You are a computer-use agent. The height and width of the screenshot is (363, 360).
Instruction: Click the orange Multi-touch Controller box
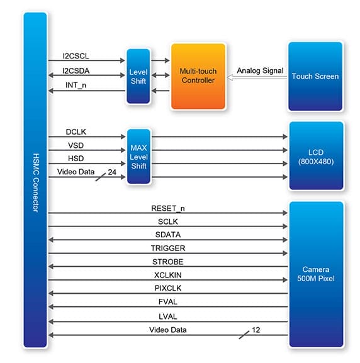tap(198, 76)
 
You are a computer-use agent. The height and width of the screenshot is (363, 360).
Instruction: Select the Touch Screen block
tap(315, 76)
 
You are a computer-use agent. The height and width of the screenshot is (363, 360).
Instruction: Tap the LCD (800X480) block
tap(316, 155)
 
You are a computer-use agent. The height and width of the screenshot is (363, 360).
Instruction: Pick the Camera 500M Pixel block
tap(316, 274)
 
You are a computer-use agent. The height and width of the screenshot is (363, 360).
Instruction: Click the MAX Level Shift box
tap(138, 157)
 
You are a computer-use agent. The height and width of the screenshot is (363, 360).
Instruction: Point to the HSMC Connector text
tap(35, 182)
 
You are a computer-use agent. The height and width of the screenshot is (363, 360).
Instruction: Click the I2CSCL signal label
tap(76, 56)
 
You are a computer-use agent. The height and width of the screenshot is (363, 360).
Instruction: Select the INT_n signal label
tap(76, 85)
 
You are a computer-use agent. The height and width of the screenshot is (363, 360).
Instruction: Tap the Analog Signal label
tap(260, 70)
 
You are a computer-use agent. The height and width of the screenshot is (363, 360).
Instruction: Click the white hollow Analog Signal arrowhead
tap(230, 77)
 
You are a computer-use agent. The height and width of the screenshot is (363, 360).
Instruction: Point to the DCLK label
tap(76, 131)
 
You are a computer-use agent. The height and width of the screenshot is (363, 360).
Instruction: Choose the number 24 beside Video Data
tap(112, 172)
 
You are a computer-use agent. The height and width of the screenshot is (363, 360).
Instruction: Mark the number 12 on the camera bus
tap(256, 330)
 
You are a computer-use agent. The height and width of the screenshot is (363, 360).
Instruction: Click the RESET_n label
tap(168, 208)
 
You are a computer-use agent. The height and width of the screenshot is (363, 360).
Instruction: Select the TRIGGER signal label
tap(168, 248)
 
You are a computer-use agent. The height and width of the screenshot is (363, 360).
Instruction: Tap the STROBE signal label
tap(168, 262)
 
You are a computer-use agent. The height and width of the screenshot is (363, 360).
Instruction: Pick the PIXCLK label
tap(168, 288)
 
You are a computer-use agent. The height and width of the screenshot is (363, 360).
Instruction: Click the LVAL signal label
tap(168, 316)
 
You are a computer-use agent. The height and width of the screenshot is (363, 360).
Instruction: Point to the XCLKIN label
tap(168, 275)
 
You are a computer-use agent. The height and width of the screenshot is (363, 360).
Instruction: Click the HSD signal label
tap(76, 159)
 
